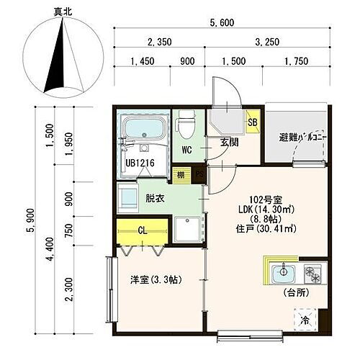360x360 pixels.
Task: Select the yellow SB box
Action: (x=252, y=122)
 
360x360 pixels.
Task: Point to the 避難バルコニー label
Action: (x=303, y=138)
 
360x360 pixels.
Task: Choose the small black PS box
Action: (x=199, y=173)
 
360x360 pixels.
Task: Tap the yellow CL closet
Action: (x=143, y=232)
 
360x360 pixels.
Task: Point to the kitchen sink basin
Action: (x=282, y=273)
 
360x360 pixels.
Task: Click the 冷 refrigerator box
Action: (x=305, y=317)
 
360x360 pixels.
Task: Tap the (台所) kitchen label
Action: (x=296, y=294)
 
